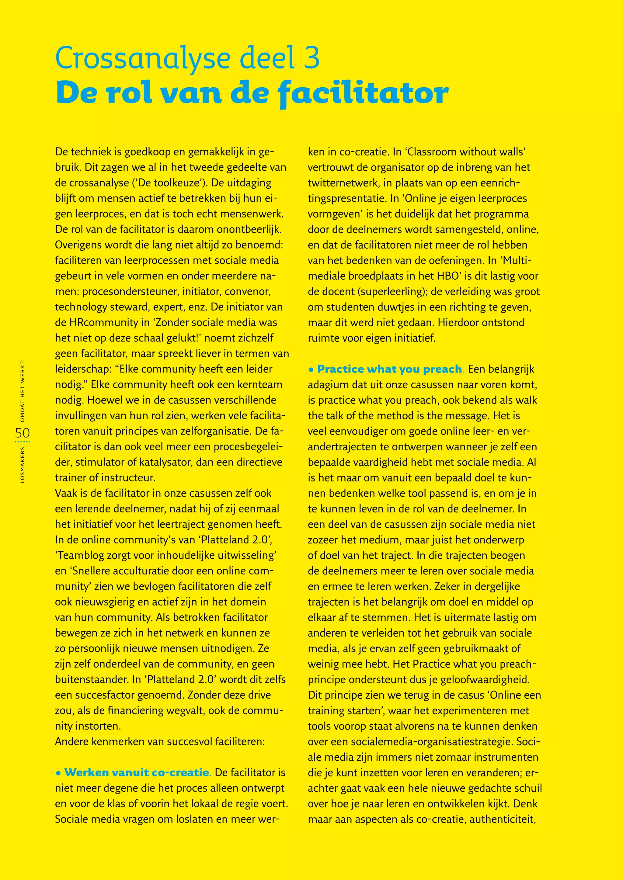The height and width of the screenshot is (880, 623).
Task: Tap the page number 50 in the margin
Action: (22, 433)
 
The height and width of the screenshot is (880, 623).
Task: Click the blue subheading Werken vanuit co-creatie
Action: (137, 772)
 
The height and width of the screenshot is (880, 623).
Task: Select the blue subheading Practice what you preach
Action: (390, 369)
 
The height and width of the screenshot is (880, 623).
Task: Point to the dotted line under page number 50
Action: (22, 442)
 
